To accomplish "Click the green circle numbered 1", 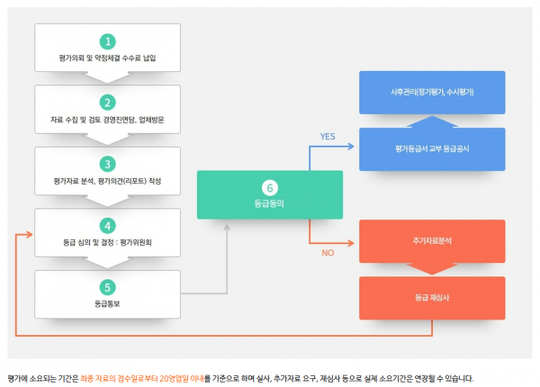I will pos(109,41).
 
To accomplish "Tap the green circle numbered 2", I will pos(109,102).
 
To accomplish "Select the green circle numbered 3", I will pos(109,164).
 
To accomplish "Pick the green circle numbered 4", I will pos(109,225).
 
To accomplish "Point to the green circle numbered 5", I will pos(109,286).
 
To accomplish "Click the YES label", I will pos(328,136).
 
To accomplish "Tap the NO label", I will pos(328,252).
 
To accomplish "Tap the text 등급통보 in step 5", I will pos(109,304).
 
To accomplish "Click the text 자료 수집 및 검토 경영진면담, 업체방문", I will pos(109,120).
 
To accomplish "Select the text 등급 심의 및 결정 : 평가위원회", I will pos(109,243).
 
